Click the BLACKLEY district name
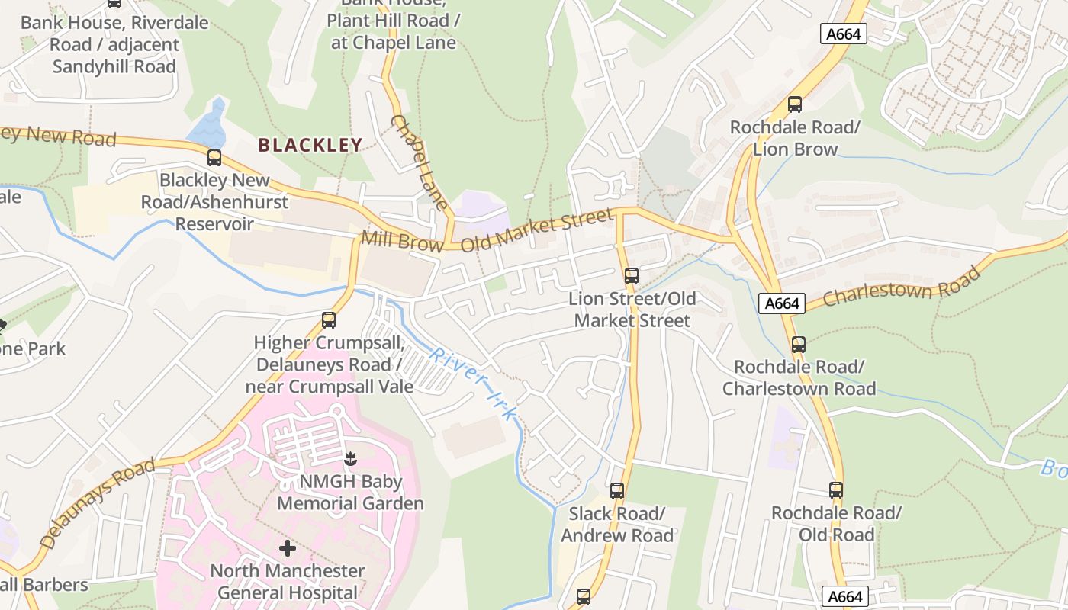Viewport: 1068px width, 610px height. pyautogui.click(x=310, y=145)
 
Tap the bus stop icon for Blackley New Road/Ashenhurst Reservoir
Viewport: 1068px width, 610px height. pyautogui.click(x=214, y=158)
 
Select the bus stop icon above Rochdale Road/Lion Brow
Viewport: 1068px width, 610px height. pyautogui.click(x=795, y=104)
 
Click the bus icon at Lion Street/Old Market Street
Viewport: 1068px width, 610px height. pyautogui.click(x=631, y=276)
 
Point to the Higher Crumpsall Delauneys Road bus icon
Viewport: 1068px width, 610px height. pyautogui.click(x=329, y=320)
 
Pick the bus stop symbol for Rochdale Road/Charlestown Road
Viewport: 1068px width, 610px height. pyautogui.click(x=798, y=345)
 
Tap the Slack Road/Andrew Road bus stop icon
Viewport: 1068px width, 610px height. pyautogui.click(x=617, y=491)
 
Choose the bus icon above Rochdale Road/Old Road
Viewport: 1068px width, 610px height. pyautogui.click(x=836, y=490)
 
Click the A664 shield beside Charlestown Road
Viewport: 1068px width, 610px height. pyautogui.click(x=783, y=303)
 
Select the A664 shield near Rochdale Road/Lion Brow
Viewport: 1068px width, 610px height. pyautogui.click(x=844, y=34)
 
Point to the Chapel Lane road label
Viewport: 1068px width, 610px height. pyautogui.click(x=419, y=162)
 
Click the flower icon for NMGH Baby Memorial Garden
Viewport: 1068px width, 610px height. pyautogui.click(x=350, y=459)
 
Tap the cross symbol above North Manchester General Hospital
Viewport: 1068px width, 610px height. pyautogui.click(x=288, y=548)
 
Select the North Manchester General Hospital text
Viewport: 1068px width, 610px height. pyautogui.click(x=287, y=582)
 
